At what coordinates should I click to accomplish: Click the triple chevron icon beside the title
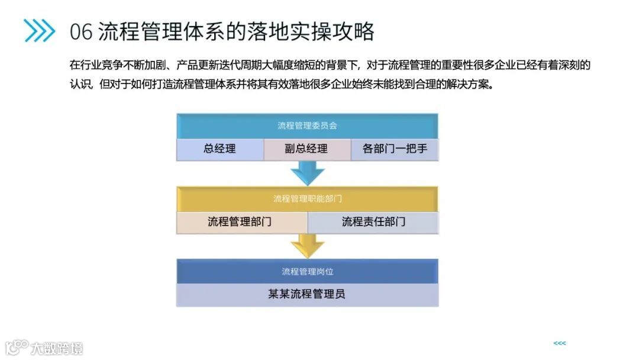coord(40,31)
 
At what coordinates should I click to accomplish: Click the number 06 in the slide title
coord(81,31)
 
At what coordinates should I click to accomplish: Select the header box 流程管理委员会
coord(307,126)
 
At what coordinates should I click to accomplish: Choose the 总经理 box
coord(220,149)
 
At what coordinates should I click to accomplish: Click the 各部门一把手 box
coord(395,149)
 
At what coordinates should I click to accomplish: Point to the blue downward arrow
coord(308,173)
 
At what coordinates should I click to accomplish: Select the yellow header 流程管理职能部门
coord(307,198)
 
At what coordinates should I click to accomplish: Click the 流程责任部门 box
coord(373,222)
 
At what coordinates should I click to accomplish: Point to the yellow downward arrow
coord(308,245)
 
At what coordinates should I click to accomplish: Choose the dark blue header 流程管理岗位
coord(307,271)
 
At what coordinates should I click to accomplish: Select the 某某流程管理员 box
coord(307,294)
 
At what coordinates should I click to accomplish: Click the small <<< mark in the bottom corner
coord(559,343)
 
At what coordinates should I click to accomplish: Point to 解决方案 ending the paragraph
coord(470,83)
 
